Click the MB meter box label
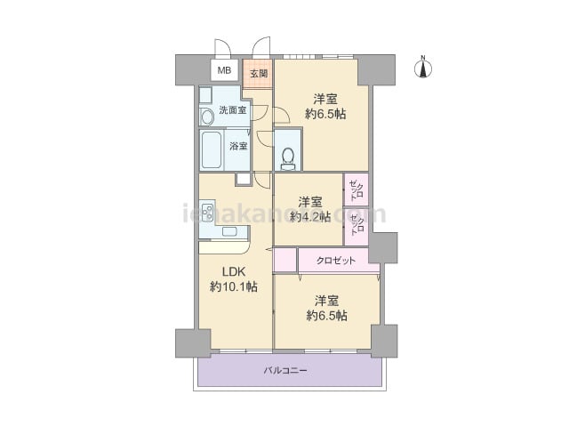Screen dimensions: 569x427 (224, 70)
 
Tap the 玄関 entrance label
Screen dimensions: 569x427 (259, 73)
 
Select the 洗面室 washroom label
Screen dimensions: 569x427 (233, 110)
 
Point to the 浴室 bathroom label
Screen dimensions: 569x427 (238, 146)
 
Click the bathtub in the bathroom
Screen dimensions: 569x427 (212, 150)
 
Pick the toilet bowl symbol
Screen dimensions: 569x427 (288, 158)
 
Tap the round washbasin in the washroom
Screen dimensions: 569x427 (207, 117)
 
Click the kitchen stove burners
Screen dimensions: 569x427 (207, 213)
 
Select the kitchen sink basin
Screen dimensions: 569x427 (229, 231)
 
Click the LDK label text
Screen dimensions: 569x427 (234, 271)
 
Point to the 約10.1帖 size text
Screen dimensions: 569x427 (234, 286)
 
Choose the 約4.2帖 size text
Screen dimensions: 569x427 (310, 217)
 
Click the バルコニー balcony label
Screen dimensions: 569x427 (285, 371)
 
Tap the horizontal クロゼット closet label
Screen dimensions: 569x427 (336, 261)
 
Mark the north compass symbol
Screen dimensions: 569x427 (423, 68)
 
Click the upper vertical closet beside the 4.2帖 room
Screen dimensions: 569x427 (357, 189)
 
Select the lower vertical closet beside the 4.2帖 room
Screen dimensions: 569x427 (357, 226)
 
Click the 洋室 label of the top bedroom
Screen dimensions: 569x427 (325, 99)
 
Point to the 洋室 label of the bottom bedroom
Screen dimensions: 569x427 (326, 301)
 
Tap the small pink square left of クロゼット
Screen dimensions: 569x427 (285, 260)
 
